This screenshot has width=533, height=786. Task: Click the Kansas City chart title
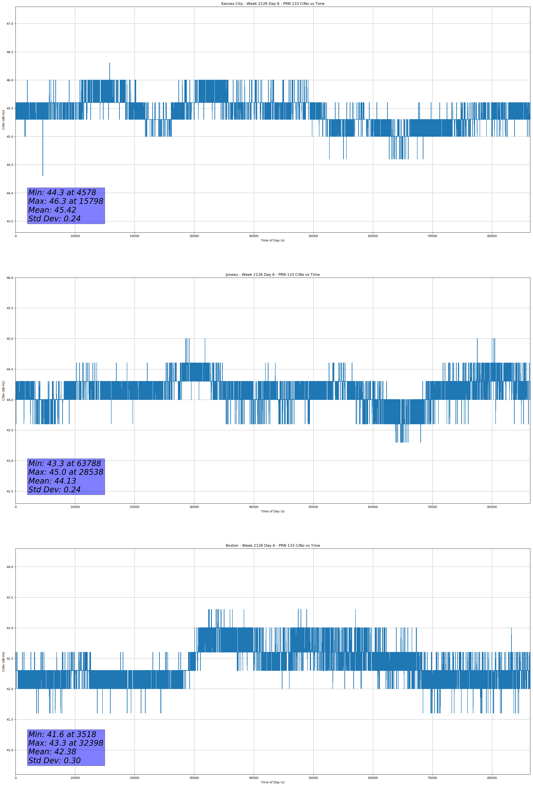[x=272, y=4]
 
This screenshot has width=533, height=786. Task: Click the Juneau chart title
[x=272, y=275]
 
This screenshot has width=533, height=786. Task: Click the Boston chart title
[x=272, y=546]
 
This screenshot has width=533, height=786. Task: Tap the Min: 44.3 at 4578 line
[x=62, y=193]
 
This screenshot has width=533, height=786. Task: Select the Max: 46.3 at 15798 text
[x=66, y=201]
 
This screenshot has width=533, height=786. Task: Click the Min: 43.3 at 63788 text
[x=65, y=463]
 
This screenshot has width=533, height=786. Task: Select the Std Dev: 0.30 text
[x=54, y=761]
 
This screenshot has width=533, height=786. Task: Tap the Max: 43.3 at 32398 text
[x=66, y=743]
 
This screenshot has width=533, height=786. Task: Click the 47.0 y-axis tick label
[x=10, y=24]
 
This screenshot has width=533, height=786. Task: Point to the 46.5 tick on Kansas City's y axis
[x=10, y=52]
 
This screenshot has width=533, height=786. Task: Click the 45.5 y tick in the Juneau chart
[x=10, y=308]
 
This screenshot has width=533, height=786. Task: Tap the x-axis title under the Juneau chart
[x=272, y=511]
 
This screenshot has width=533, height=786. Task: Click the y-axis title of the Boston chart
[x=3, y=661]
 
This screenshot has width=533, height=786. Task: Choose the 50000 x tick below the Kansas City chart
[x=313, y=236]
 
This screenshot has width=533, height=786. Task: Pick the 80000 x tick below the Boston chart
[x=492, y=778]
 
